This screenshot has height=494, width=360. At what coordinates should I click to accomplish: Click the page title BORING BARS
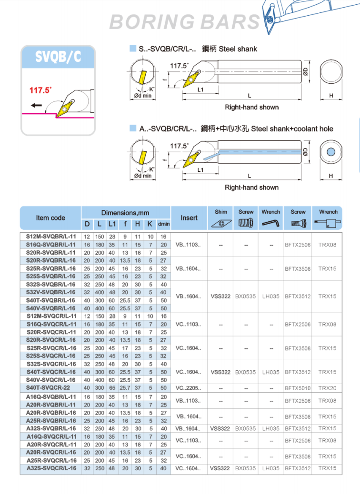tap(185, 21)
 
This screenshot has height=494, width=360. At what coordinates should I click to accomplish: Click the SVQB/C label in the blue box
tap(58, 57)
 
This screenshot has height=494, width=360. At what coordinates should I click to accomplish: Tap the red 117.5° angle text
tap(40, 90)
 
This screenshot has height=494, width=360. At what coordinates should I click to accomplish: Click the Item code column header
tap(50, 218)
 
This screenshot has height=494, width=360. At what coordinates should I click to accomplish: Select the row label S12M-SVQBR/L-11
tap(50, 237)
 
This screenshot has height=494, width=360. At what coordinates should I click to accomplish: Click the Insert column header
tap(189, 218)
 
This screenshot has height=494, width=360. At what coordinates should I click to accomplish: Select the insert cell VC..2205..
tap(189, 388)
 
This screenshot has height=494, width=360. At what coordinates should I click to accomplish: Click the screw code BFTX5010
tap(297, 388)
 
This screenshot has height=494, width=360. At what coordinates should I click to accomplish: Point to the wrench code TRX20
tap(327, 388)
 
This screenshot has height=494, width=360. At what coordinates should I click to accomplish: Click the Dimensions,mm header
tap(125, 213)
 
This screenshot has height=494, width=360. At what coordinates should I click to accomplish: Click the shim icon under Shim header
tap(220, 223)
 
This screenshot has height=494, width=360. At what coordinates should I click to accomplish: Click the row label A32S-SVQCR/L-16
tap(51, 468)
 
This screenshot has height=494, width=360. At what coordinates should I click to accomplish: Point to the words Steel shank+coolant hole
tap(292, 128)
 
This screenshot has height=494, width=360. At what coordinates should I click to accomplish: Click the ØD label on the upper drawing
tap(305, 72)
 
